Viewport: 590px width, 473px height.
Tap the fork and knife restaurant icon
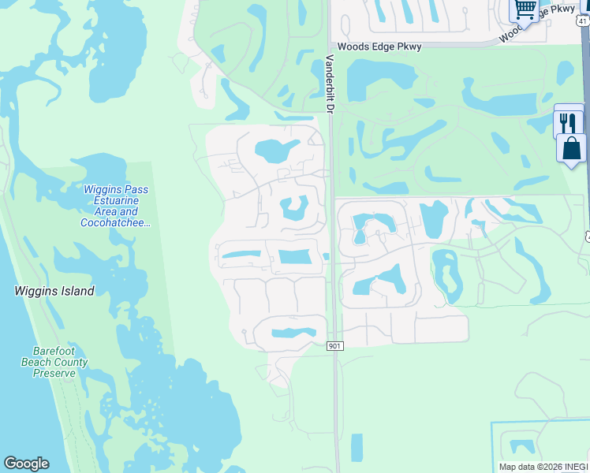pyautogui.click(x=568, y=122)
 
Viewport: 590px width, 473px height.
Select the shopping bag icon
pyautogui.click(x=571, y=149)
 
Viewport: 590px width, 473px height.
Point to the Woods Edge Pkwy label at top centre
pyautogui.click(x=379, y=47)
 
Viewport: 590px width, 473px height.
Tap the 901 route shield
pyautogui.click(x=334, y=346)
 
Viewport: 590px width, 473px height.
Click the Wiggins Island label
pyautogui.click(x=54, y=291)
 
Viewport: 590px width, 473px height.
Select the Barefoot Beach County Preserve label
pyautogui.click(x=60, y=362)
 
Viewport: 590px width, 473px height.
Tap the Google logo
pyautogui.click(x=26, y=464)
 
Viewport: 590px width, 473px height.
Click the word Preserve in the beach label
pyautogui.click(x=54, y=373)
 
